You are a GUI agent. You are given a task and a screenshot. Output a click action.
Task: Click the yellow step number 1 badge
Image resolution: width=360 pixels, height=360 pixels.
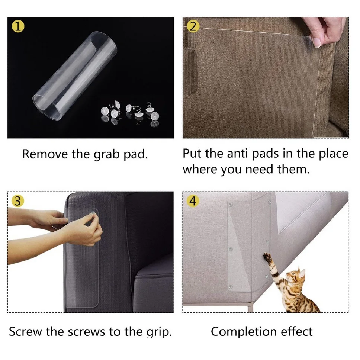point(18,26)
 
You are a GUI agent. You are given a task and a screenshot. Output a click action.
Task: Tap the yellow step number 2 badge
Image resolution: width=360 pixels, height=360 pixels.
point(193,26)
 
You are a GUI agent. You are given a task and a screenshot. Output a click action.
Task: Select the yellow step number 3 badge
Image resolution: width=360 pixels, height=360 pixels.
point(18,201)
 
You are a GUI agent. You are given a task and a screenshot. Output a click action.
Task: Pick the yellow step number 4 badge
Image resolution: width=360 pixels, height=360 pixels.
point(193,201)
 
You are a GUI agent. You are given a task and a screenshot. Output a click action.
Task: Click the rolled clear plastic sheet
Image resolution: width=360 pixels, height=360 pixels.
point(74,74)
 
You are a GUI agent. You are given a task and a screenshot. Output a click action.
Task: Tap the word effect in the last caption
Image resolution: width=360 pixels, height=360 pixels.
point(295,331)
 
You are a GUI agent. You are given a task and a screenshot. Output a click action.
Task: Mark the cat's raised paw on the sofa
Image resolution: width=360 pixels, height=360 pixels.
point(267,256)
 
